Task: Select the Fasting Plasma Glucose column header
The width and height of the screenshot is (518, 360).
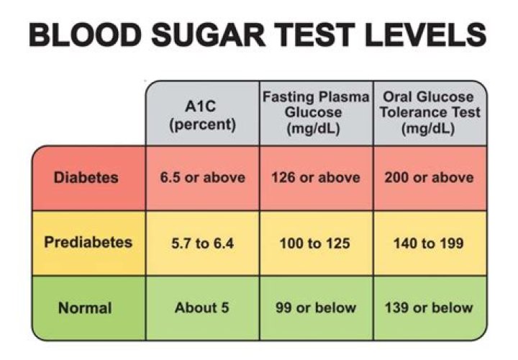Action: pos(316,114)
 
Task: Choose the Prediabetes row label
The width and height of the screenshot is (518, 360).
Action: pos(88,243)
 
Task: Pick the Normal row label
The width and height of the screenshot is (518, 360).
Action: pos(85,308)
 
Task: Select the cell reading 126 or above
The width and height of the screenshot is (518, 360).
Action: pos(316,177)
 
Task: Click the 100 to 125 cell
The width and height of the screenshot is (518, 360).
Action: pos(316,243)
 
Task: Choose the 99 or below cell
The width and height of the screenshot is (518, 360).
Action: pos(316,308)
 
